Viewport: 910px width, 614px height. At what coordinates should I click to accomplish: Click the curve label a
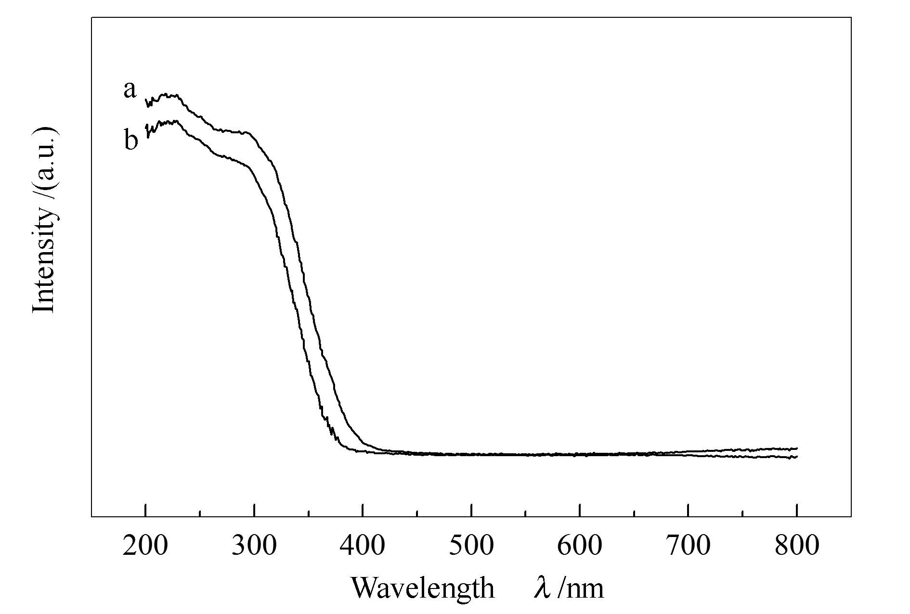click(x=130, y=90)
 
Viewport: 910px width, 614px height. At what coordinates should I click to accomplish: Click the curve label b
click(x=131, y=141)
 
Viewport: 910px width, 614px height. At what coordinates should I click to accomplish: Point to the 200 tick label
click(x=145, y=546)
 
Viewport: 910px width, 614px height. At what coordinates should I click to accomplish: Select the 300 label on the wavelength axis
click(x=254, y=546)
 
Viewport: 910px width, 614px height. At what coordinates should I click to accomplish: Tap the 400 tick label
click(x=363, y=546)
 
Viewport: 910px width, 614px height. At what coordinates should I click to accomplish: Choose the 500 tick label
click(x=471, y=546)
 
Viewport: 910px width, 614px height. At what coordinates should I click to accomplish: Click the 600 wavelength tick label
click(x=580, y=546)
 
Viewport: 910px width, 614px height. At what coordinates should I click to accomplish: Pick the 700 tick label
click(x=689, y=546)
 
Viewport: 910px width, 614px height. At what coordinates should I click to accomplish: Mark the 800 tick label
click(x=797, y=546)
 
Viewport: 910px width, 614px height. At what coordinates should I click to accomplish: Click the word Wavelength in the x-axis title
click(x=422, y=588)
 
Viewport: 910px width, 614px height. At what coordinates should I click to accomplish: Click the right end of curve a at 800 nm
click(x=797, y=448)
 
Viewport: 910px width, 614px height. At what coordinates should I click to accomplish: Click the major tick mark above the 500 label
click(x=471, y=511)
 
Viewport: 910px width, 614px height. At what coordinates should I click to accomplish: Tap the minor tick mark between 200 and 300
click(x=199, y=513)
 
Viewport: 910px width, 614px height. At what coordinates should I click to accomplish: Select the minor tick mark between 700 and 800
click(x=743, y=513)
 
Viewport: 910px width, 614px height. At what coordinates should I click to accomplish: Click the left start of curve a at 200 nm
click(x=146, y=100)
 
